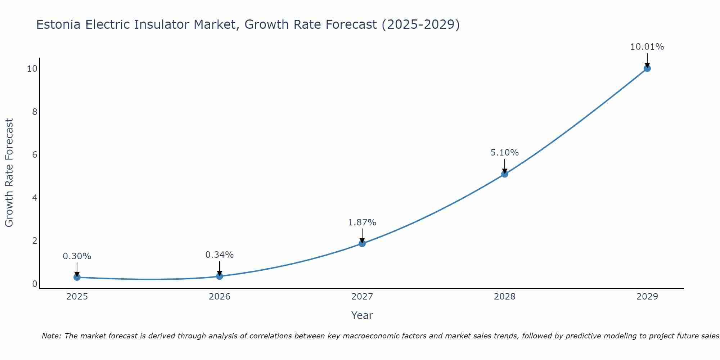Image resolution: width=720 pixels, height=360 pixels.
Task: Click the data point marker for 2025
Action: (x=77, y=277)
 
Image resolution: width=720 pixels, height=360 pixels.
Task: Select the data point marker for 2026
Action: (x=220, y=276)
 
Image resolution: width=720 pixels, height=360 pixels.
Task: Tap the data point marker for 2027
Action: (x=362, y=243)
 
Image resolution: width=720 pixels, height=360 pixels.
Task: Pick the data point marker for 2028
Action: (x=505, y=174)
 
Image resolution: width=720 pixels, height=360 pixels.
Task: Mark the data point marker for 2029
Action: (x=647, y=68)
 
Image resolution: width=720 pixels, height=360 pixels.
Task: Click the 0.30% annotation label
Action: (x=77, y=256)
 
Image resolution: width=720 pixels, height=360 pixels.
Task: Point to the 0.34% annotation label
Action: (x=220, y=255)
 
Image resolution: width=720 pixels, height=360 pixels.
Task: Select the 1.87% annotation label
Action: (x=362, y=222)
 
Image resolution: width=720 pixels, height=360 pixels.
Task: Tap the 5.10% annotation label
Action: (x=505, y=153)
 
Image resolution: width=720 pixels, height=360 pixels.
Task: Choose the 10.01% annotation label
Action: (x=647, y=47)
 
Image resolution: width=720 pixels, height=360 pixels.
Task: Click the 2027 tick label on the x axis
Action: (x=362, y=297)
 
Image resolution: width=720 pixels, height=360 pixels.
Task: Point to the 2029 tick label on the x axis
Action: (x=647, y=297)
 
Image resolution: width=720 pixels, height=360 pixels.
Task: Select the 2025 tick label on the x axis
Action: (x=77, y=297)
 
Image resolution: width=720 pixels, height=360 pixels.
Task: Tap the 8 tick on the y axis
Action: (x=35, y=112)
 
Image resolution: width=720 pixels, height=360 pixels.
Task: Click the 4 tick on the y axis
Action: (x=35, y=198)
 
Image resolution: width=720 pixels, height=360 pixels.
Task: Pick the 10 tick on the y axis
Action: (x=32, y=68)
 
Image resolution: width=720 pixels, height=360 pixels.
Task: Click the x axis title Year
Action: (x=362, y=315)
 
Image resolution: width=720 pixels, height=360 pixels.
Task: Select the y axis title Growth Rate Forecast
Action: (x=9, y=173)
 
